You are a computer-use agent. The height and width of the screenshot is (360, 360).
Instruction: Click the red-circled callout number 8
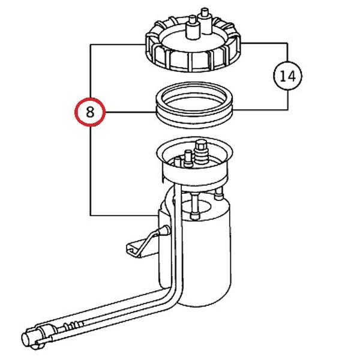tap(90, 112)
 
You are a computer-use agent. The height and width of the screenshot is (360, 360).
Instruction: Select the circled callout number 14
tap(287, 76)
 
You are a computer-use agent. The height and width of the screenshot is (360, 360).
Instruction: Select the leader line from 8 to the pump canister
tap(120, 215)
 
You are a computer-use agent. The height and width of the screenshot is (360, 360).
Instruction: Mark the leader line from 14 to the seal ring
tap(264, 109)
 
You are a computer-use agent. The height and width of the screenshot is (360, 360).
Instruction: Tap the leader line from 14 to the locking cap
tap(264, 43)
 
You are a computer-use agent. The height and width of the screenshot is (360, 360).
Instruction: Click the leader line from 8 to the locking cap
tap(117, 44)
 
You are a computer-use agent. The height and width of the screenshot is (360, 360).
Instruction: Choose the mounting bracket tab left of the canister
tap(137, 247)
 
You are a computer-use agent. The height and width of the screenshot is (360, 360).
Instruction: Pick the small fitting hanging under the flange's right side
tap(220, 194)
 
